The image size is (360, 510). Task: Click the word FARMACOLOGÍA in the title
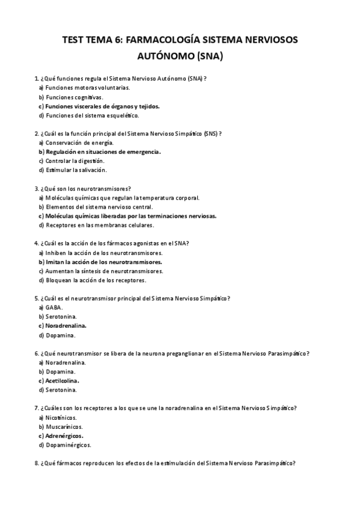click(x=158, y=40)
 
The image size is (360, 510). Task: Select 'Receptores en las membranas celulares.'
click(x=91, y=225)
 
